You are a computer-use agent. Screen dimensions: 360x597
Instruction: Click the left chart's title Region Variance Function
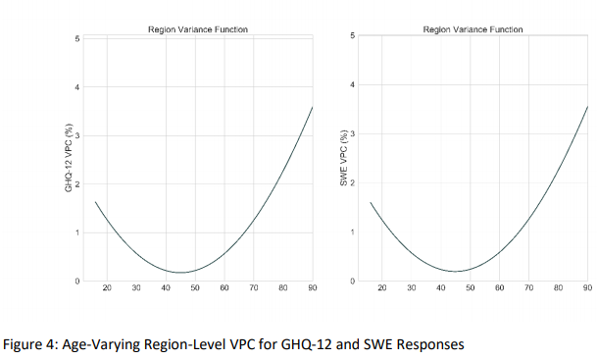[197, 29]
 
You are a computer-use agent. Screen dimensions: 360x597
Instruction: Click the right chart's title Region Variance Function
[473, 29]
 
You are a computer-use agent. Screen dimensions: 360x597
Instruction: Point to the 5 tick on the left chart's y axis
[76, 38]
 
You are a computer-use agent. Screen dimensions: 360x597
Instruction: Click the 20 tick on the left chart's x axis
[107, 288]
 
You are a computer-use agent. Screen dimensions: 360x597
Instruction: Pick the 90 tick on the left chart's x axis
[312, 288]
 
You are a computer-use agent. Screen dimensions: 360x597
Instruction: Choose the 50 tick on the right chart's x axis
[470, 288]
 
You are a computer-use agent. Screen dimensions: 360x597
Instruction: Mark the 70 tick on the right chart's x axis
[528, 288]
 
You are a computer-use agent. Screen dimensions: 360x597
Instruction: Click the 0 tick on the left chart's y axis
[76, 282]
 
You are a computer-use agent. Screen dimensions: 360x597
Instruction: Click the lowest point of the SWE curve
[456, 271]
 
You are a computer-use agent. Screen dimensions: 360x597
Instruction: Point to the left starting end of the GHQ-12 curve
[95, 201]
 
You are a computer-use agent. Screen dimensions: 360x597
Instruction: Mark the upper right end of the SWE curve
[587, 106]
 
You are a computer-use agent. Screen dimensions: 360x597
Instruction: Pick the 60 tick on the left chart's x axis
[224, 288]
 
